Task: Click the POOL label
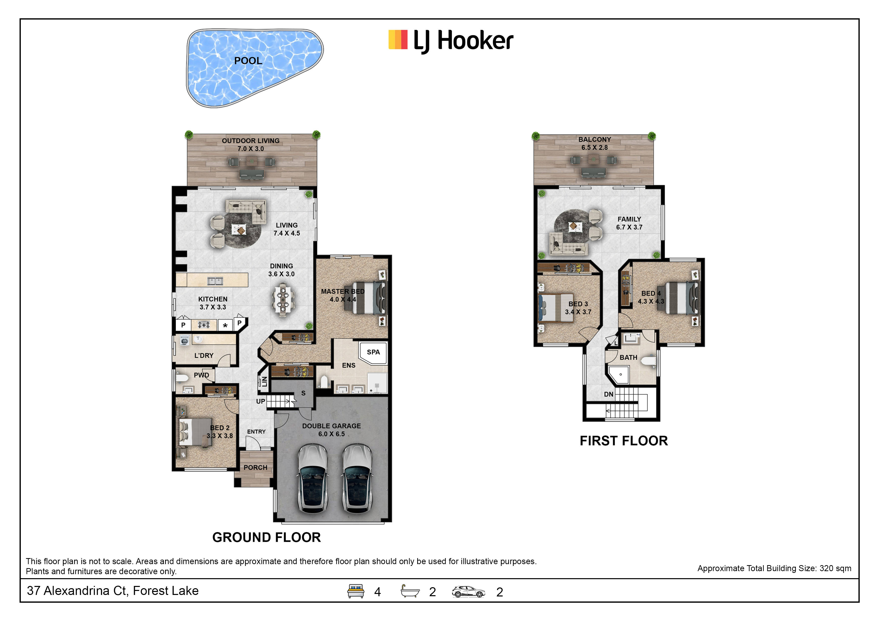248,61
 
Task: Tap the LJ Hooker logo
451,41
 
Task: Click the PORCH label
255,468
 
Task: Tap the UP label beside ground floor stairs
260,401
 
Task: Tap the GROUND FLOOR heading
266,538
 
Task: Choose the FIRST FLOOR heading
624,441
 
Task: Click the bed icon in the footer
356,591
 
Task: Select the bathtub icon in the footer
410,591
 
